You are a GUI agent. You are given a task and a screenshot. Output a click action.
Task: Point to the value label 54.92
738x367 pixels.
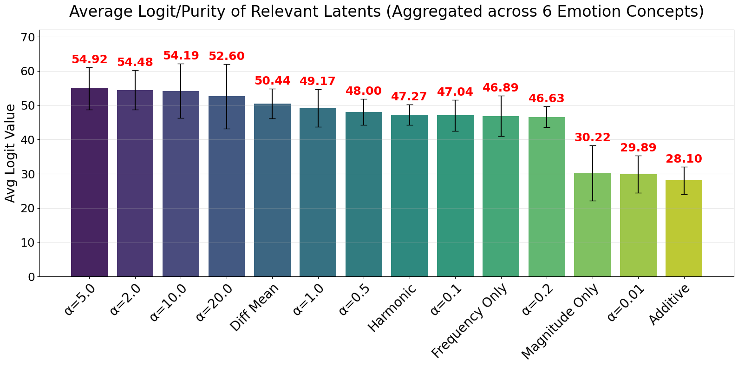pyautogui.click(x=89, y=59)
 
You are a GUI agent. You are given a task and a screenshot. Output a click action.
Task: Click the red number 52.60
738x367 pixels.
pyautogui.click(x=226, y=56)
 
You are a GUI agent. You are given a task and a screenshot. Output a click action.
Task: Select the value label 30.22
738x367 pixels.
pyautogui.click(x=592, y=138)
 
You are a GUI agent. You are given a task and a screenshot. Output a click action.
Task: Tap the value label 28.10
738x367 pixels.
pyautogui.click(x=684, y=159)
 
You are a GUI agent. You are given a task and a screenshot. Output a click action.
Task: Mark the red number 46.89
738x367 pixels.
pyautogui.click(x=501, y=88)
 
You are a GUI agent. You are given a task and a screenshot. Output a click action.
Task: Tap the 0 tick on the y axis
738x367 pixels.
pyautogui.click(x=32, y=277)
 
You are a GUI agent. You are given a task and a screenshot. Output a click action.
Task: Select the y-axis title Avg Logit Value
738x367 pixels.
pyautogui.click(x=10, y=153)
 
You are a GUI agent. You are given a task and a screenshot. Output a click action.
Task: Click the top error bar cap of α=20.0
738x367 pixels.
pyautogui.click(x=226, y=64)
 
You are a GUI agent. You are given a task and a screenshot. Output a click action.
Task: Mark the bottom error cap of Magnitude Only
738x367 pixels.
pyautogui.click(x=592, y=201)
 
